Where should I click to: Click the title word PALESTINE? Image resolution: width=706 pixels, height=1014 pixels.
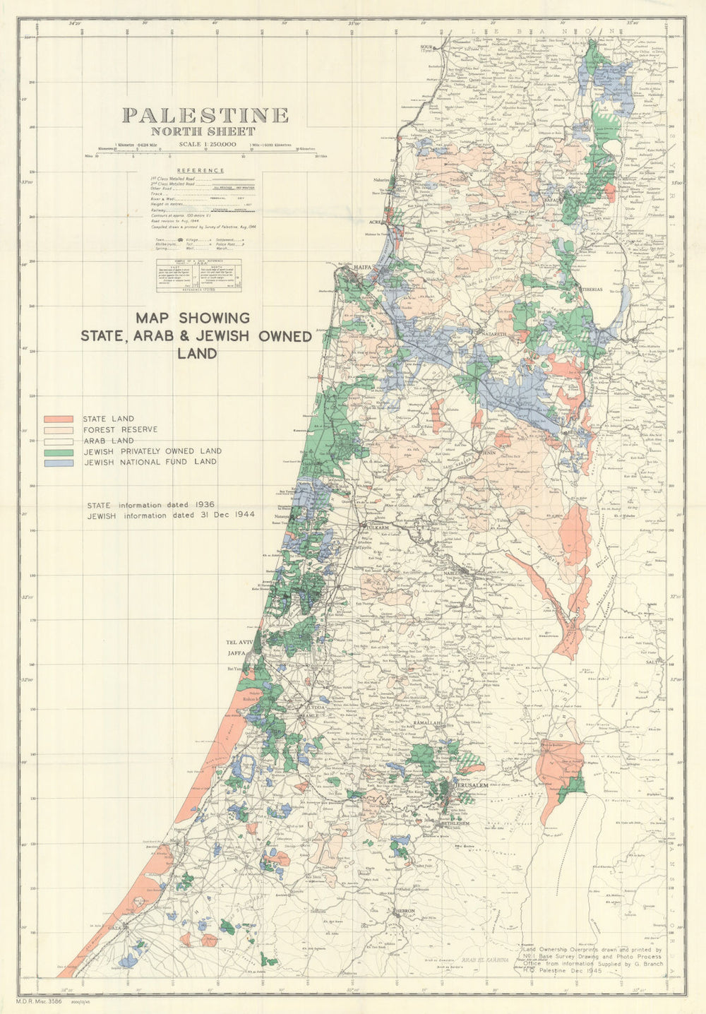205,115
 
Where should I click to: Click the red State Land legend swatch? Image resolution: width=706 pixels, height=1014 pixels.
59,419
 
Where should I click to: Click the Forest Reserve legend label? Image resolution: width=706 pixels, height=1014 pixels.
120,429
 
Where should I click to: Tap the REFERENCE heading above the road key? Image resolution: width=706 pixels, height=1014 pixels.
201,170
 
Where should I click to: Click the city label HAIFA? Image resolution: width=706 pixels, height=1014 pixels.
363,268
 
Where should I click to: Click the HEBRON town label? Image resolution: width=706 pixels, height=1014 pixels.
405,912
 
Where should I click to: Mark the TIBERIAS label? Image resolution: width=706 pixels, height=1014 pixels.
592,290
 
